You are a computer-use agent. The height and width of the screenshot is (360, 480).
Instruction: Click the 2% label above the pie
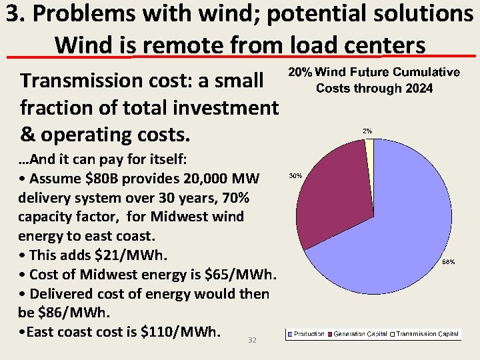coord(367,131)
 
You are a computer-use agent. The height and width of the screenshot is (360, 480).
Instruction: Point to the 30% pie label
coord(295,176)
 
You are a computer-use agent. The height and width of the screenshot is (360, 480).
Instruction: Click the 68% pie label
coord(449,262)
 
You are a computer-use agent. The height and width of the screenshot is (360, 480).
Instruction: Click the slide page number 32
coord(252,340)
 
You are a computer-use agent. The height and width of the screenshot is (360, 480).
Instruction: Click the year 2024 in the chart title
coord(419,89)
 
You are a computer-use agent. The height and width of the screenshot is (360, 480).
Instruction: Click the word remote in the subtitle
coord(175,45)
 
